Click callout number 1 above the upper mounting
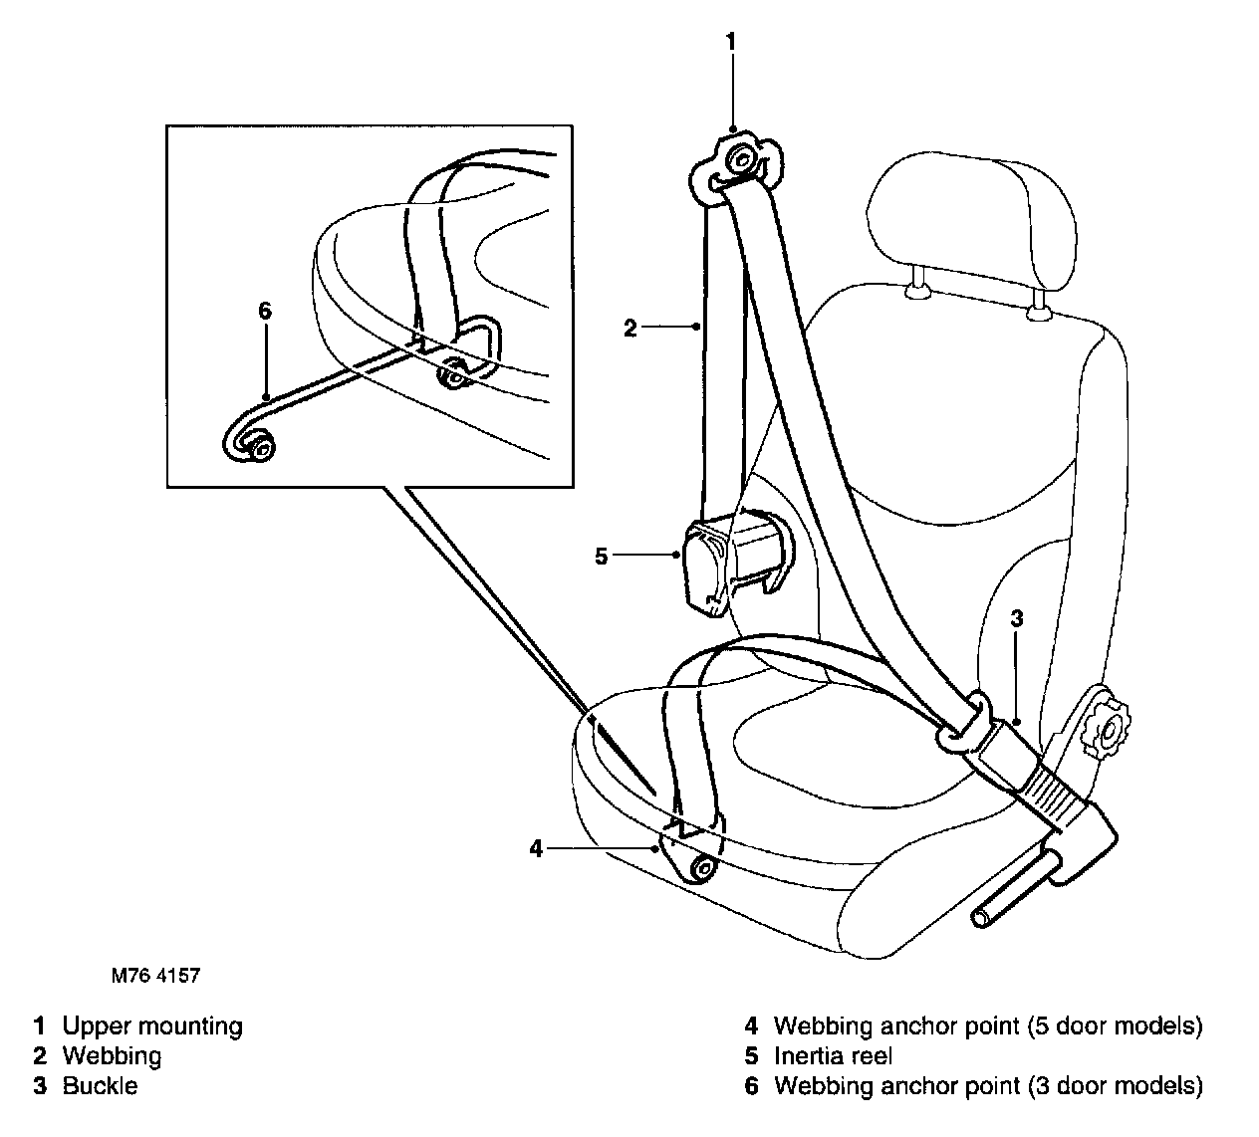(731, 41)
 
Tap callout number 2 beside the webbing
(629, 328)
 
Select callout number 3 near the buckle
(1016, 618)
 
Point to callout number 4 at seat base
(537, 848)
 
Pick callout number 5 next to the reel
(601, 556)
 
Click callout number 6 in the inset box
(264, 311)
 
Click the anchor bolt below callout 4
(703, 869)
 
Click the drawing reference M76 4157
(155, 976)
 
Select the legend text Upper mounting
(151, 1025)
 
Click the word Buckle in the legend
(100, 1085)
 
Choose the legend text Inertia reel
(833, 1055)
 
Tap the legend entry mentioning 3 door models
(987, 1085)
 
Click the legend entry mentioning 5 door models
(987, 1025)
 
